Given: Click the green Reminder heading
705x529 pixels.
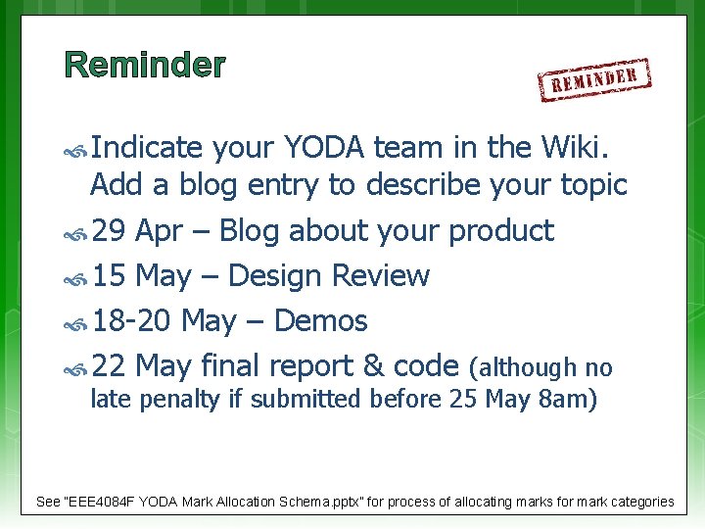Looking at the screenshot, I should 145,66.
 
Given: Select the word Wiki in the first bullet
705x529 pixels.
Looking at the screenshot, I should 587,148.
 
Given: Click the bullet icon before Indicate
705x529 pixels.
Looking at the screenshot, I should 75,150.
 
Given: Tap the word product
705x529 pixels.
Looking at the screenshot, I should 500,231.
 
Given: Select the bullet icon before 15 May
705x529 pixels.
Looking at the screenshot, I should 75,278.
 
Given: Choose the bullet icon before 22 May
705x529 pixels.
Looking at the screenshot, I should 75,368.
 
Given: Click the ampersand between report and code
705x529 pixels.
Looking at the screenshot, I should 373,366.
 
